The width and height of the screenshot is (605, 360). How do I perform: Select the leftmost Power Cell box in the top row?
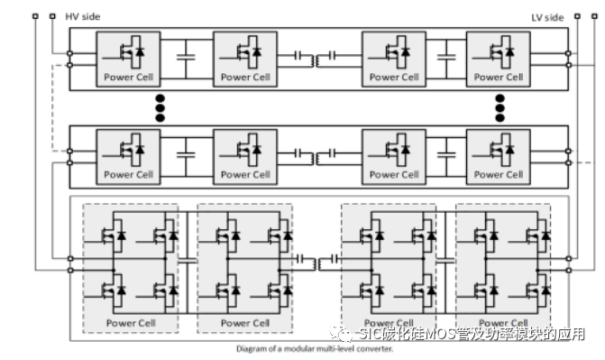129,59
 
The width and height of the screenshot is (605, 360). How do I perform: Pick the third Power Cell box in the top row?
394,59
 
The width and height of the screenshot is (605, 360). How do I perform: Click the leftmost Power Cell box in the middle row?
129,155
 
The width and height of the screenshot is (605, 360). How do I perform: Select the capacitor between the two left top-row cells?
187,59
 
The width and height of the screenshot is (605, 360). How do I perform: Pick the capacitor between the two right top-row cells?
445,59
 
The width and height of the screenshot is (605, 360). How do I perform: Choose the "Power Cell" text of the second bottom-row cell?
245,322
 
